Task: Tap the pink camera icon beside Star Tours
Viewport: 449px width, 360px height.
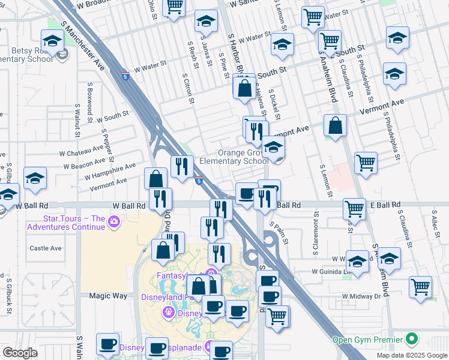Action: pos(114,223)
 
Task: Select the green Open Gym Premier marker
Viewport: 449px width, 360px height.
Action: pos(411,340)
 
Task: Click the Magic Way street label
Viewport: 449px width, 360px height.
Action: pos(108,296)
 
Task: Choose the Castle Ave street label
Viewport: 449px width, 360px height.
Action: pos(46,248)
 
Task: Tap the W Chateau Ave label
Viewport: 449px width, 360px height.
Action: pos(83,151)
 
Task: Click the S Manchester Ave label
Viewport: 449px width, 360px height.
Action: pos(83,46)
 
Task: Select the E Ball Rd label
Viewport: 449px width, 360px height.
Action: pos(385,205)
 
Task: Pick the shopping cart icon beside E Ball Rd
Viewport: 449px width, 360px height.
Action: pos(354,209)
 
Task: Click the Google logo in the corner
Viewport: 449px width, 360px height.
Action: pos(20,353)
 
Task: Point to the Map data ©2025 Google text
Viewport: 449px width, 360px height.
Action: pos(412,355)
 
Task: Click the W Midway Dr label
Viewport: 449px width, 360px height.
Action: pos(361,296)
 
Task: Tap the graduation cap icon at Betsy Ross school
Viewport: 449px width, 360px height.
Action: pos(52,41)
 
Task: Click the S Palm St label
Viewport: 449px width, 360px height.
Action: pos(280,233)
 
